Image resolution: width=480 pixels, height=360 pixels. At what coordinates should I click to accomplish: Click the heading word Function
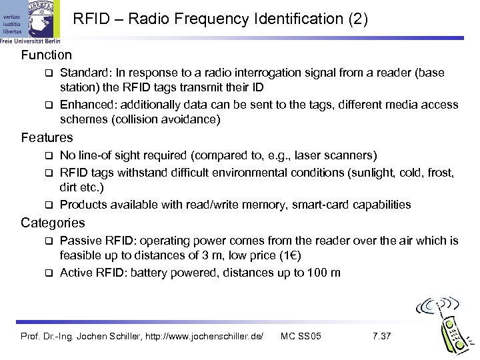[x=46, y=55]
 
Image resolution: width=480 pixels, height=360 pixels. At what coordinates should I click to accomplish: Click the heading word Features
[x=47, y=138]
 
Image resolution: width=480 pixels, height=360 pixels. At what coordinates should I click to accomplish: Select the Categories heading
[x=53, y=222]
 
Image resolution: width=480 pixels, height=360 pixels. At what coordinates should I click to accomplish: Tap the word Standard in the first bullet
[x=83, y=71]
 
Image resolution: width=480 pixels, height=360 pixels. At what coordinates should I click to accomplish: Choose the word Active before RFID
[x=75, y=272]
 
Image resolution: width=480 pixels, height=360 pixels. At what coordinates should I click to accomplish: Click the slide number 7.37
[x=381, y=335]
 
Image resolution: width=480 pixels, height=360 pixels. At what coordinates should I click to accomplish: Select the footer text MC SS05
[x=301, y=335]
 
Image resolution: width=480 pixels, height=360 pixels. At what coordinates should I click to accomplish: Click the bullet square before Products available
[x=48, y=205]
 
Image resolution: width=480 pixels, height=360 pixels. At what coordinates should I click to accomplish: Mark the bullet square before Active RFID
[x=48, y=273]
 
